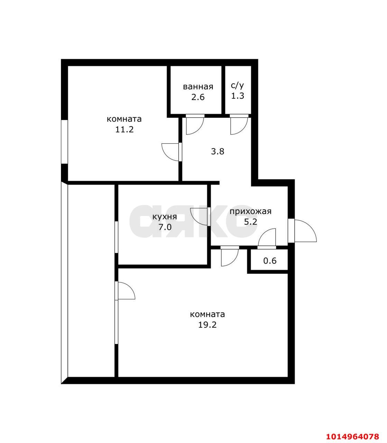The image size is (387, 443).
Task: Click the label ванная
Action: (198, 87)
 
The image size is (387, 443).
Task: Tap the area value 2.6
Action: (198, 97)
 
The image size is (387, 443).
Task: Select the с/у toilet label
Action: (238, 85)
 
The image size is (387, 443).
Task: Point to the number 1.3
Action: (238, 96)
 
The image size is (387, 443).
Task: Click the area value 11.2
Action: (125, 129)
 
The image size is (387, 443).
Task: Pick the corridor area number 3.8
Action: (218, 151)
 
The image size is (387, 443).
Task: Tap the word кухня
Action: (165, 217)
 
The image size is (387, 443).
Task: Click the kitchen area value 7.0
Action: (165, 227)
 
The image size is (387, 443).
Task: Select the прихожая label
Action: (250, 211)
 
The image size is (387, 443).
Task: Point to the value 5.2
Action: (250, 222)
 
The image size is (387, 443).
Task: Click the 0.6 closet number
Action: (270, 261)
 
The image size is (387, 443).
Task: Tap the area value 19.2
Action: (208, 325)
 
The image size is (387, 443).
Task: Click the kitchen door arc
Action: (199, 216)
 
